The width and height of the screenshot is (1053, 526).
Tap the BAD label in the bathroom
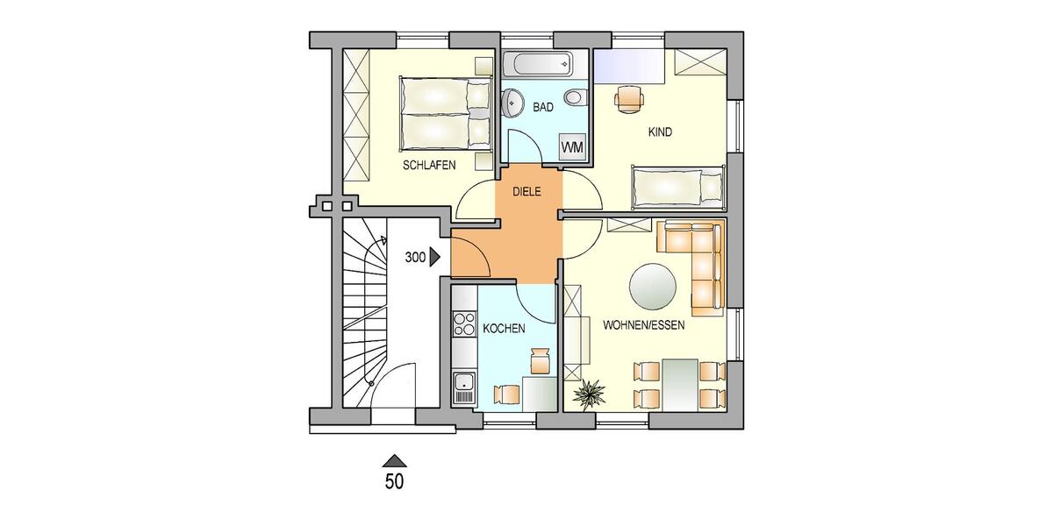[x=543, y=108]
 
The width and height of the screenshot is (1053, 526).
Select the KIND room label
[x=660, y=132]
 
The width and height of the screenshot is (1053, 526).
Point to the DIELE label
[x=526, y=191]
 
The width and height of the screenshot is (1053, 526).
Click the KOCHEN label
[x=505, y=329]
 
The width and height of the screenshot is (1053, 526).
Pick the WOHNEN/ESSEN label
[x=643, y=324]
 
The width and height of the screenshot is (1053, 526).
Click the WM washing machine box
[x=571, y=146]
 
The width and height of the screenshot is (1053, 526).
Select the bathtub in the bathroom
[x=537, y=65]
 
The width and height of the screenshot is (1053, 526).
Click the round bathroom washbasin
[x=512, y=103]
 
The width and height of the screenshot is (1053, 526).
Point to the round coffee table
[x=654, y=287]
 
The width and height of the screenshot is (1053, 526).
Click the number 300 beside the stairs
[x=415, y=258]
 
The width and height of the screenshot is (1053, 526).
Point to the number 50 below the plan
[x=395, y=480]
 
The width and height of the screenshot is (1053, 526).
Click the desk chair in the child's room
[x=629, y=98]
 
